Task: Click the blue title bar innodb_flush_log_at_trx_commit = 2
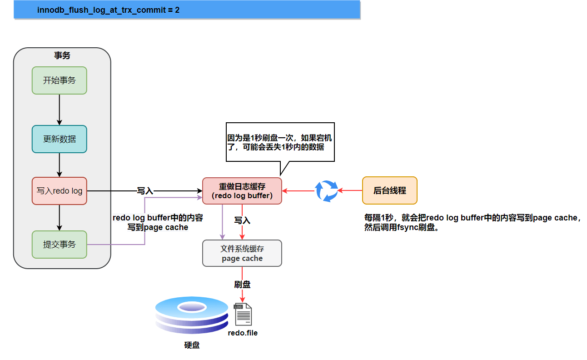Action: [x=187, y=9]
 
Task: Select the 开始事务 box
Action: [x=60, y=80]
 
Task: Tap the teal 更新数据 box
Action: [x=60, y=139]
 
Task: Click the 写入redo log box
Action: [x=60, y=191]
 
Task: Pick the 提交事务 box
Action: [x=60, y=245]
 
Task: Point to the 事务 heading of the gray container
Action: [x=62, y=55]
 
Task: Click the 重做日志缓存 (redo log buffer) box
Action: [x=242, y=191]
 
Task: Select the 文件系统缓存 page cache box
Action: [x=242, y=253]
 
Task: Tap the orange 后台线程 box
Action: [x=389, y=190]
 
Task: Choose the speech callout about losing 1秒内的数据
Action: [x=280, y=142]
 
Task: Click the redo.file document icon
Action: [x=243, y=314]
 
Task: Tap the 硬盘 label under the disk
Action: [x=192, y=345]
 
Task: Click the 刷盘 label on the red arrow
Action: [x=242, y=285]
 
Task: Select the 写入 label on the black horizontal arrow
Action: [x=145, y=191]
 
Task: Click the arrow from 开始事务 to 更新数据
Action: [x=60, y=110]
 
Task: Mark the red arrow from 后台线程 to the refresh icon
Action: [x=350, y=190]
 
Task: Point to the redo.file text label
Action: [x=243, y=333]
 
